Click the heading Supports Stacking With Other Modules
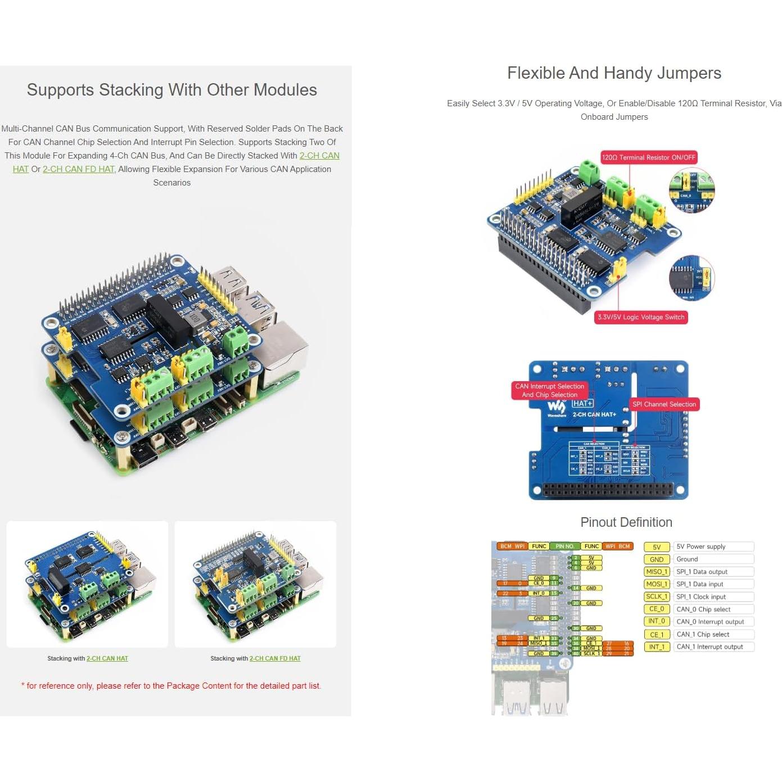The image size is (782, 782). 171,90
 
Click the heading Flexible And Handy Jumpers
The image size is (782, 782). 614,73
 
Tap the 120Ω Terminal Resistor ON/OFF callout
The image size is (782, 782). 649,157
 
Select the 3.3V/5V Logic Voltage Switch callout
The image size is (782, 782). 641,317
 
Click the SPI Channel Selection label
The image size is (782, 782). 664,404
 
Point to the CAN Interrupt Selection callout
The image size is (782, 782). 549,390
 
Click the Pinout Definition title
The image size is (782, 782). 626,522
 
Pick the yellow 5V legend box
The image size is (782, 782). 657,547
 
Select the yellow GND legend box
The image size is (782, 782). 657,559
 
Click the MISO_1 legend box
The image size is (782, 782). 657,572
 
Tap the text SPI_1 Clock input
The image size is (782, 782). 700,597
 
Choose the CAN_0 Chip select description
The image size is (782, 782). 703,609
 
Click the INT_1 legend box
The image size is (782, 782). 657,647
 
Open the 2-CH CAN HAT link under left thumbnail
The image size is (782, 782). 107,658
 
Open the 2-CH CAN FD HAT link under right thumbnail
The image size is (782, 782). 275,658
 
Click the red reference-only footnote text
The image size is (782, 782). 171,686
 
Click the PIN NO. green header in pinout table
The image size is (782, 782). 564,546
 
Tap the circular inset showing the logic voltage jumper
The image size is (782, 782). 691,278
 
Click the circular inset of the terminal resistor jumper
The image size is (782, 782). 691,190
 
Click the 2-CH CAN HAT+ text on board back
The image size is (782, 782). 594,414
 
